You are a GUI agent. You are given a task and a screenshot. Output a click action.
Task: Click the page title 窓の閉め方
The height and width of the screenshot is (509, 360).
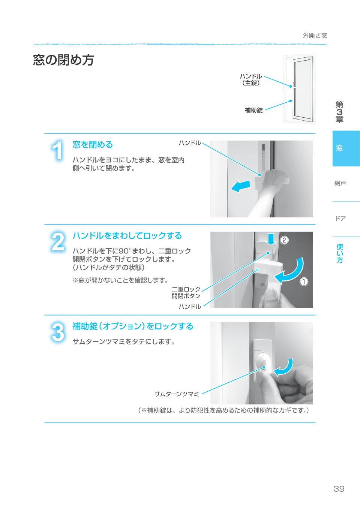click(x=63, y=60)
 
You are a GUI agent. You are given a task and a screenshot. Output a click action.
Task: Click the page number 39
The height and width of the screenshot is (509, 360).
click(x=339, y=489)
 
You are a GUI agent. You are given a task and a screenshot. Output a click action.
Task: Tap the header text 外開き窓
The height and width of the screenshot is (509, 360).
click(x=315, y=36)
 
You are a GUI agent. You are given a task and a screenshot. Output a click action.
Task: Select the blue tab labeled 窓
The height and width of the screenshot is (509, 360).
click(x=339, y=148)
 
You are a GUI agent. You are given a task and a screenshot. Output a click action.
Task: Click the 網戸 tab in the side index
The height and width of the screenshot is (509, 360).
click(x=340, y=183)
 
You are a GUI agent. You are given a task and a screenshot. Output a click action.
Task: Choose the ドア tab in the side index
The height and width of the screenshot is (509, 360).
click(x=340, y=219)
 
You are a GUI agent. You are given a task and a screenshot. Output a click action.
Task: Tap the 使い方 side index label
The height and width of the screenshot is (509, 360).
click(x=340, y=253)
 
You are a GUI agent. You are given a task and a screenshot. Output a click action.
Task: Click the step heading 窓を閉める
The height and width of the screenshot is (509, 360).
click(x=92, y=145)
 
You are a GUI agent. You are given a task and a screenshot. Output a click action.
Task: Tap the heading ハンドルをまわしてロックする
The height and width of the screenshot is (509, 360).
click(x=127, y=236)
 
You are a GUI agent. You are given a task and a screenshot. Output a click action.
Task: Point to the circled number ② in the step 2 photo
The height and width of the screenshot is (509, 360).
click(x=285, y=240)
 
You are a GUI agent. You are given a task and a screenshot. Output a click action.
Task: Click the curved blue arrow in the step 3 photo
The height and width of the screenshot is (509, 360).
click(x=283, y=367)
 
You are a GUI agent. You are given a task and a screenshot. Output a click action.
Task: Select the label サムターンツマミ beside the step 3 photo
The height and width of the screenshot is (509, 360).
click(x=177, y=394)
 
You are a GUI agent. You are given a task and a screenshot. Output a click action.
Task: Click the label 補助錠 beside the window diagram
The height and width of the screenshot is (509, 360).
click(x=253, y=110)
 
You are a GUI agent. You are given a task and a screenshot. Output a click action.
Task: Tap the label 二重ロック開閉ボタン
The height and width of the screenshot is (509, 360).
click(x=186, y=292)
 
